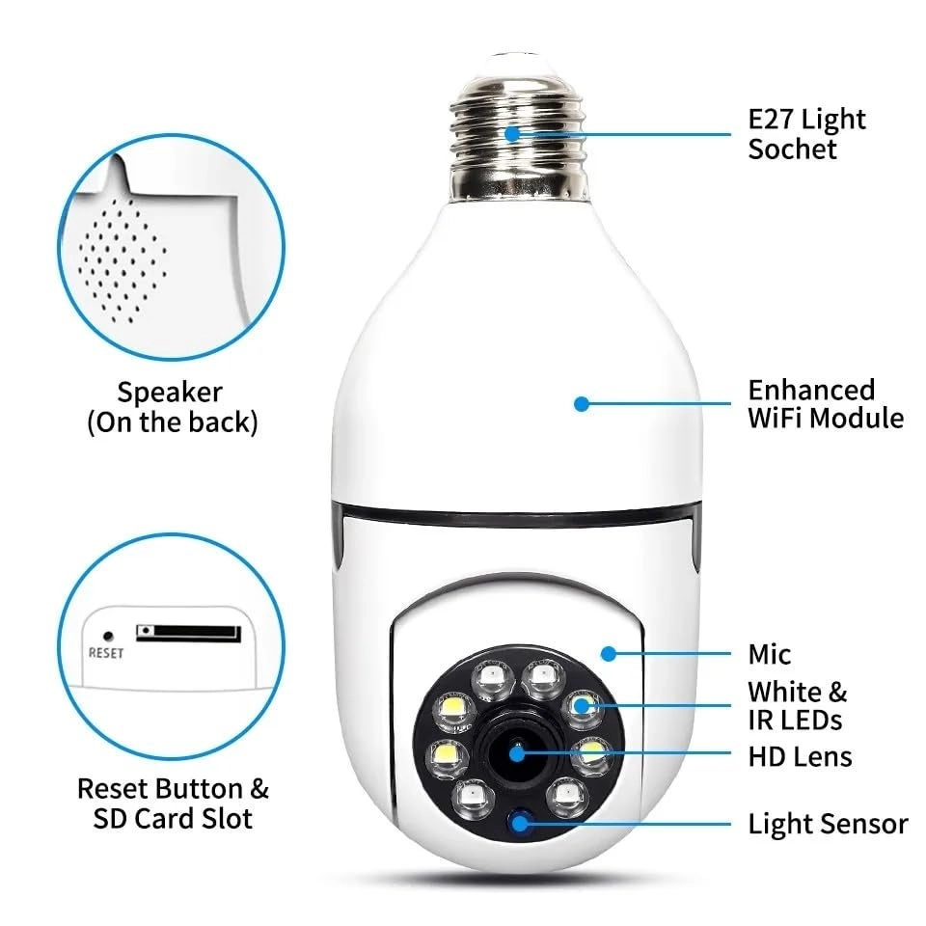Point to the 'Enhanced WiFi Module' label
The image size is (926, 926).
coord(826,404)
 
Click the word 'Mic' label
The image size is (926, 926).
coord(769,655)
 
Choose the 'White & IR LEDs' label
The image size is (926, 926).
coord(797,705)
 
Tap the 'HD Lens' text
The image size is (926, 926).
coord(800,755)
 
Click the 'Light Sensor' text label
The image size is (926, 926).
coord(828,824)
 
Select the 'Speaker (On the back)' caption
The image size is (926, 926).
coord(172,407)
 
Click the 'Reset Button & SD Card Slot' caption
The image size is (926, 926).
coord(173,803)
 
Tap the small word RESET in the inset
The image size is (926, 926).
coord(105,652)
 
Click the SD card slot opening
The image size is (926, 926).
coord(188,633)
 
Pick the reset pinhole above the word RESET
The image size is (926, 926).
coord(108,636)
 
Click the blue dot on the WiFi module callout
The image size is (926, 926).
coord(581,403)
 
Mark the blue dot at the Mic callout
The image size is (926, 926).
coord(608,653)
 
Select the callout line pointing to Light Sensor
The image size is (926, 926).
coord(637,824)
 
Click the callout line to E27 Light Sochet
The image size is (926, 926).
coord(627,134)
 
